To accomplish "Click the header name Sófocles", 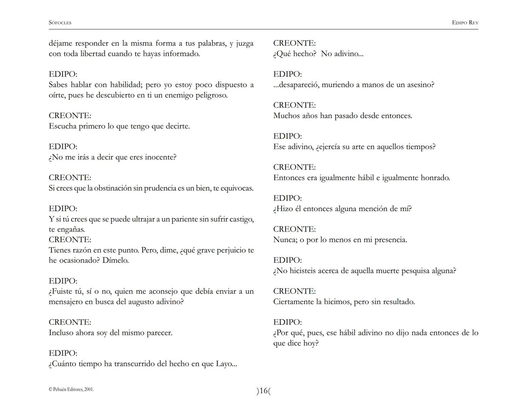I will coord(60,23).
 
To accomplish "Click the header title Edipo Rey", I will coord(465,23).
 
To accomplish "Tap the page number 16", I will coord(263,391).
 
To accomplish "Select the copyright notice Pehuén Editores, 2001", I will coord(71,389).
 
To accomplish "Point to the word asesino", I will coord(419,85).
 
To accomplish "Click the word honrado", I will coord(435,178).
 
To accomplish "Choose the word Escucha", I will coord(63,126).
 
